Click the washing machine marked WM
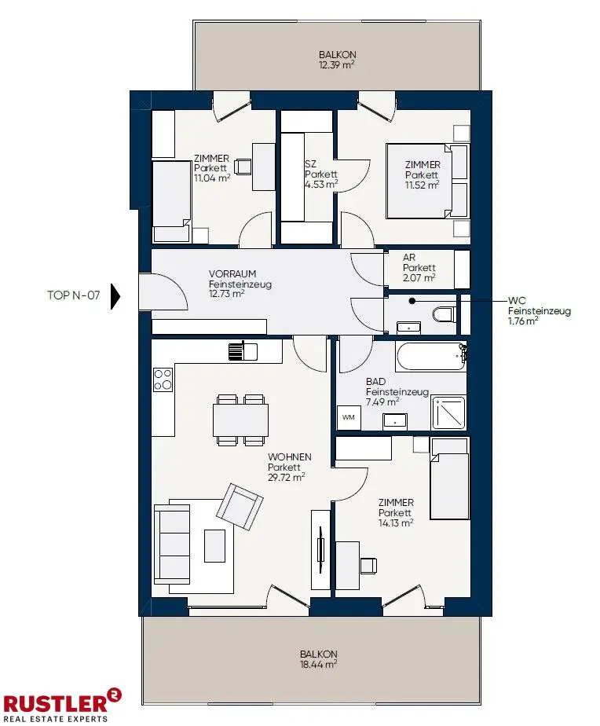pyautogui.click(x=349, y=417)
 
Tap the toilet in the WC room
pyautogui.click(x=444, y=315)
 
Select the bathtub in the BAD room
pyautogui.click(x=430, y=357)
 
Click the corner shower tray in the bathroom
pyautogui.click(x=448, y=412)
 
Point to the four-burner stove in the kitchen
pyautogui.click(x=163, y=379)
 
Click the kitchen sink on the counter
pyautogui.click(x=243, y=351)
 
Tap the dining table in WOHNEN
pyautogui.click(x=241, y=420)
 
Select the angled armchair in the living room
pyautogui.click(x=240, y=507)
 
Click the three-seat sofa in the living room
pyautogui.click(x=172, y=544)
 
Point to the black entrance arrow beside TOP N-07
pyautogui.click(x=115, y=296)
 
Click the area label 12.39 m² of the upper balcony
pyautogui.click(x=337, y=65)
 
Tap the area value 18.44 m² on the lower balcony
pyautogui.click(x=318, y=665)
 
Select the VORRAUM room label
pyautogui.click(x=232, y=273)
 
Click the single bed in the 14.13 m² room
pyautogui.click(x=449, y=478)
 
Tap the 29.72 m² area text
pyautogui.click(x=286, y=478)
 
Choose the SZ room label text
pyautogui.click(x=311, y=164)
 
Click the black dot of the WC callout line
pyautogui.click(x=412, y=301)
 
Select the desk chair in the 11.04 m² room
pyautogui.click(x=242, y=167)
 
